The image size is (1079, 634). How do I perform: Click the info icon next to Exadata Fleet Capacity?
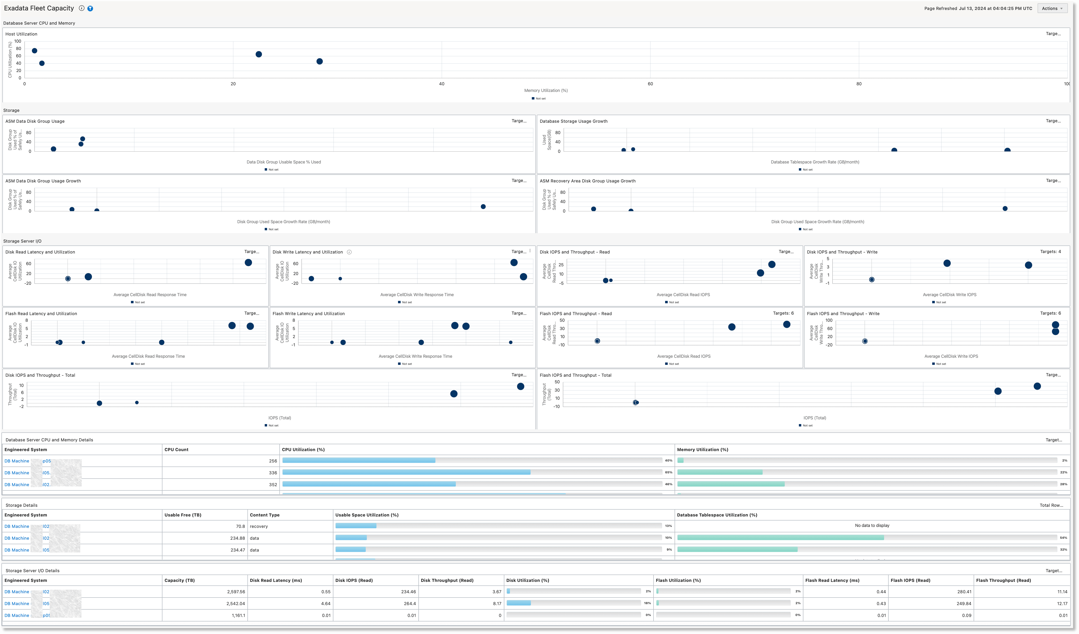tap(81, 8)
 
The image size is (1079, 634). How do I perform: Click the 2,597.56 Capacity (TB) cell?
tap(236, 592)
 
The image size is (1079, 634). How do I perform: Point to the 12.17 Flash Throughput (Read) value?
tap(1062, 604)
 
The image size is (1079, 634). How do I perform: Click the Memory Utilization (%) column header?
tap(702, 449)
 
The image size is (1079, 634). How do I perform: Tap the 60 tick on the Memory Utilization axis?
tap(650, 84)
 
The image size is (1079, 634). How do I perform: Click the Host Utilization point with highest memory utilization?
tap(319, 61)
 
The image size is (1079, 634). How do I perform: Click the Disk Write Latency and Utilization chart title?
tap(307, 252)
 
